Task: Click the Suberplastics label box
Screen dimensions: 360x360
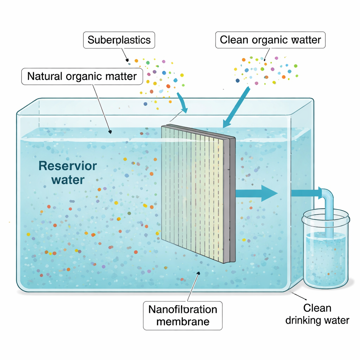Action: (x=119, y=40)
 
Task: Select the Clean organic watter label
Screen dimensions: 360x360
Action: (x=270, y=40)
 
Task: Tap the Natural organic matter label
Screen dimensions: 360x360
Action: (x=82, y=76)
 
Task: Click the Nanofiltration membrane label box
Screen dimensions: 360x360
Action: (x=182, y=315)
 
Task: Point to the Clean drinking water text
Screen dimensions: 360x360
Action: (x=317, y=314)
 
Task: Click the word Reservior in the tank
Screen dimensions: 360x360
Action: (x=67, y=166)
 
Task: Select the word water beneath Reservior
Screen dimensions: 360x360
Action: (x=68, y=180)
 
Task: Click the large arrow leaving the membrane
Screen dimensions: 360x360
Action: (x=256, y=193)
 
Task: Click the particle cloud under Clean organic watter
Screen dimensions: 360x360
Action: (x=265, y=70)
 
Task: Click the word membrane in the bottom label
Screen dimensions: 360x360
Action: (x=182, y=321)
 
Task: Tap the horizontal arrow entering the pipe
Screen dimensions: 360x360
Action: (x=306, y=193)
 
